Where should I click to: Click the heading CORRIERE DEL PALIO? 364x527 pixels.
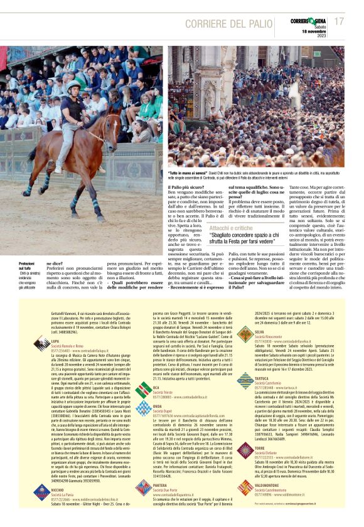pyautogui.click(x=232, y=23)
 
